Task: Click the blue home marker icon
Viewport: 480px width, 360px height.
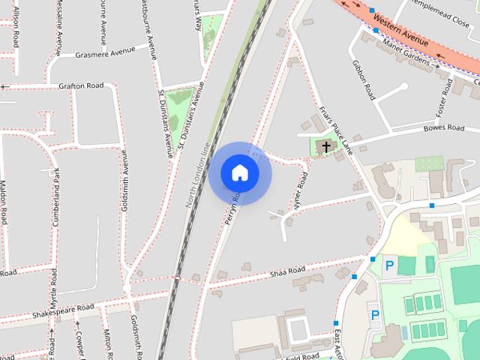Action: [240, 172]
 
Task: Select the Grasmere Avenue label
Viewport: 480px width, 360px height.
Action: [105, 52]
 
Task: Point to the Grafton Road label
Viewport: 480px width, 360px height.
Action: [80, 86]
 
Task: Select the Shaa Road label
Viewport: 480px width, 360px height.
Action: [288, 270]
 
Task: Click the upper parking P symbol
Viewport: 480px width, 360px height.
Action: [388, 265]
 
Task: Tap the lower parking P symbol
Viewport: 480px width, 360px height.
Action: [375, 315]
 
